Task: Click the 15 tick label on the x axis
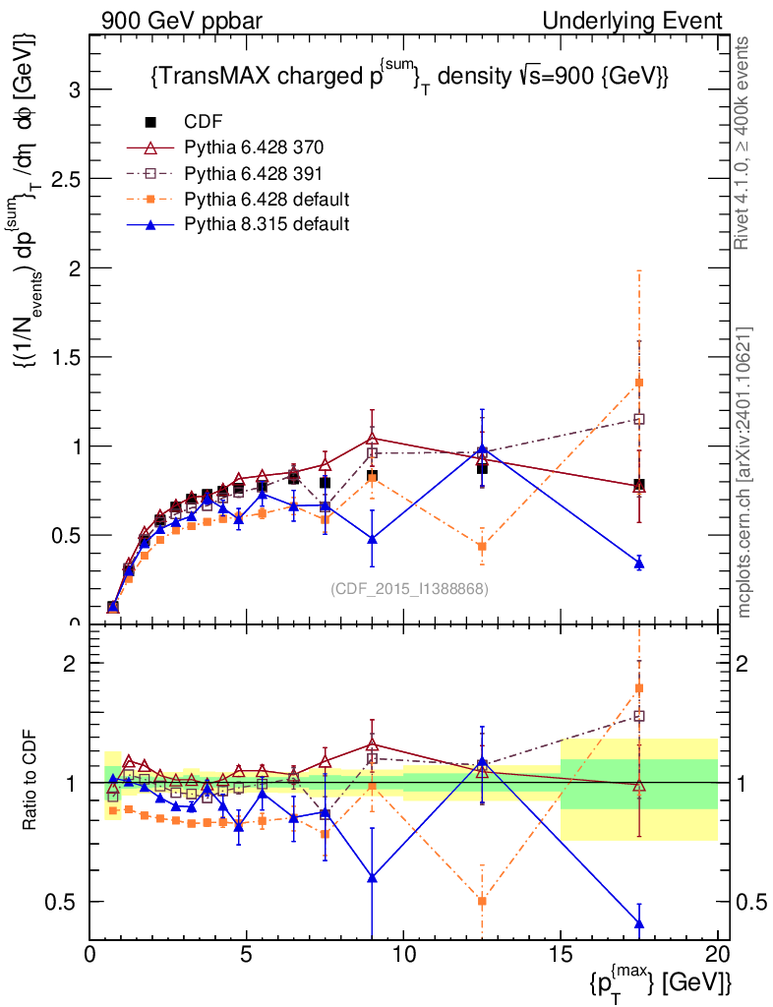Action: pyautogui.click(x=560, y=954)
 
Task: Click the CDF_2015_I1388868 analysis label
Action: pyautogui.click(x=409, y=589)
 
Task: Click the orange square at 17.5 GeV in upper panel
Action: pyautogui.click(x=639, y=383)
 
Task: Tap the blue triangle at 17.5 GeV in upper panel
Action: pyautogui.click(x=639, y=563)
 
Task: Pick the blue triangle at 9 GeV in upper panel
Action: pyautogui.click(x=372, y=539)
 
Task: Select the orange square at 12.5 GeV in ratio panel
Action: pyautogui.click(x=482, y=901)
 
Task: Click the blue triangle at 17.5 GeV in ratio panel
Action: pyautogui.click(x=639, y=923)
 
